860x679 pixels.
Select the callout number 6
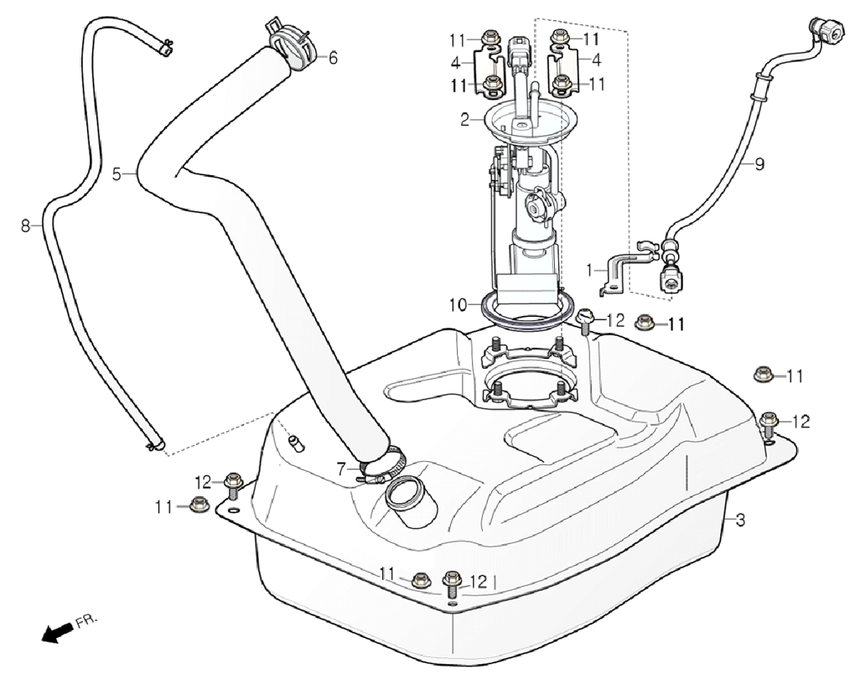(333, 58)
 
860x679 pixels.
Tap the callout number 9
(759, 164)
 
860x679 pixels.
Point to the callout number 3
(740, 520)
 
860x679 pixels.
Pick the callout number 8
(25, 225)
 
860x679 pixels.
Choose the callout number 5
(117, 174)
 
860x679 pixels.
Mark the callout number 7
(341, 470)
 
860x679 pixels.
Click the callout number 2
(464, 120)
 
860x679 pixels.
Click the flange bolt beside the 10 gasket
(586, 319)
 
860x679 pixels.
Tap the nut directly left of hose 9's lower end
(645, 323)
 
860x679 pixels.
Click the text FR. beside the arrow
(85, 621)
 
